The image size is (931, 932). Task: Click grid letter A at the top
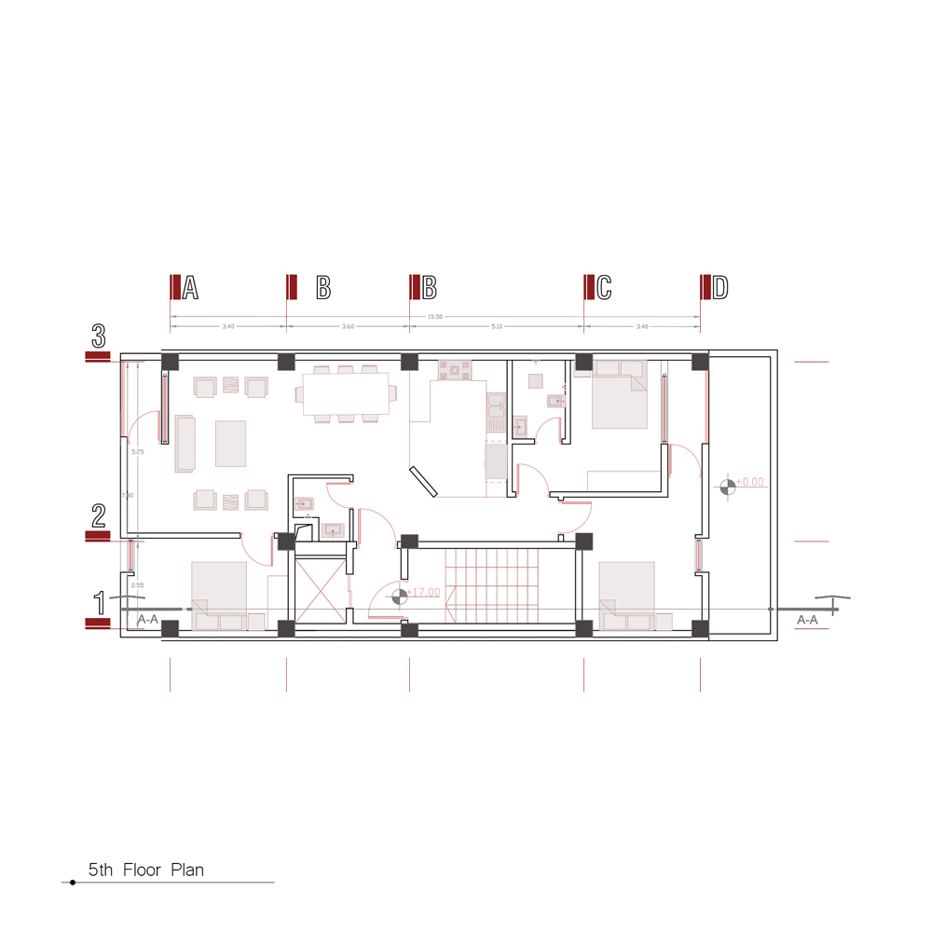pyautogui.click(x=190, y=288)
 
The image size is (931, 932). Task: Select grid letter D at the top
pyautogui.click(x=719, y=288)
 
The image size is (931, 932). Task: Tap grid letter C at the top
pyautogui.click(x=604, y=288)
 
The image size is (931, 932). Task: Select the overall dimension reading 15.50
pyautogui.click(x=434, y=317)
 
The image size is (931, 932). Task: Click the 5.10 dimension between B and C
pyautogui.click(x=496, y=327)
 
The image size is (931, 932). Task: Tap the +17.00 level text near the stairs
pyautogui.click(x=423, y=592)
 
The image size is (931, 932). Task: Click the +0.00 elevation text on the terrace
pyautogui.click(x=749, y=483)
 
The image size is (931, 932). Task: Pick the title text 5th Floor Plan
pyautogui.click(x=146, y=870)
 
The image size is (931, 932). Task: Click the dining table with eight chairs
pyautogui.click(x=345, y=394)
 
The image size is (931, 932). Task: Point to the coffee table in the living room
pyautogui.click(x=230, y=444)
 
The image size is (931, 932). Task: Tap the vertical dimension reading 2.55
pyautogui.click(x=137, y=585)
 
